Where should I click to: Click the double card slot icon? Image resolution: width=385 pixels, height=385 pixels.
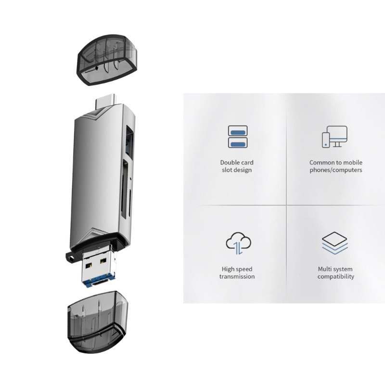237,136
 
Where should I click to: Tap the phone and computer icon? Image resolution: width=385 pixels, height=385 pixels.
334,137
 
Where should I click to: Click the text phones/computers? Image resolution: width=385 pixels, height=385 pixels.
335,170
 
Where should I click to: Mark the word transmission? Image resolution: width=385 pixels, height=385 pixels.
237,276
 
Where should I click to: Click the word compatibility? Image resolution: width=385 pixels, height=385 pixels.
335,276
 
